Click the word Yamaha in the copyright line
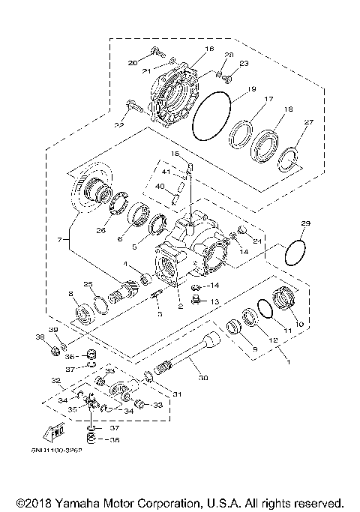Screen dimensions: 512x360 [97, 502]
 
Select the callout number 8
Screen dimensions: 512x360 [70, 294]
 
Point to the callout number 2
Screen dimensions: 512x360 [180, 305]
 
